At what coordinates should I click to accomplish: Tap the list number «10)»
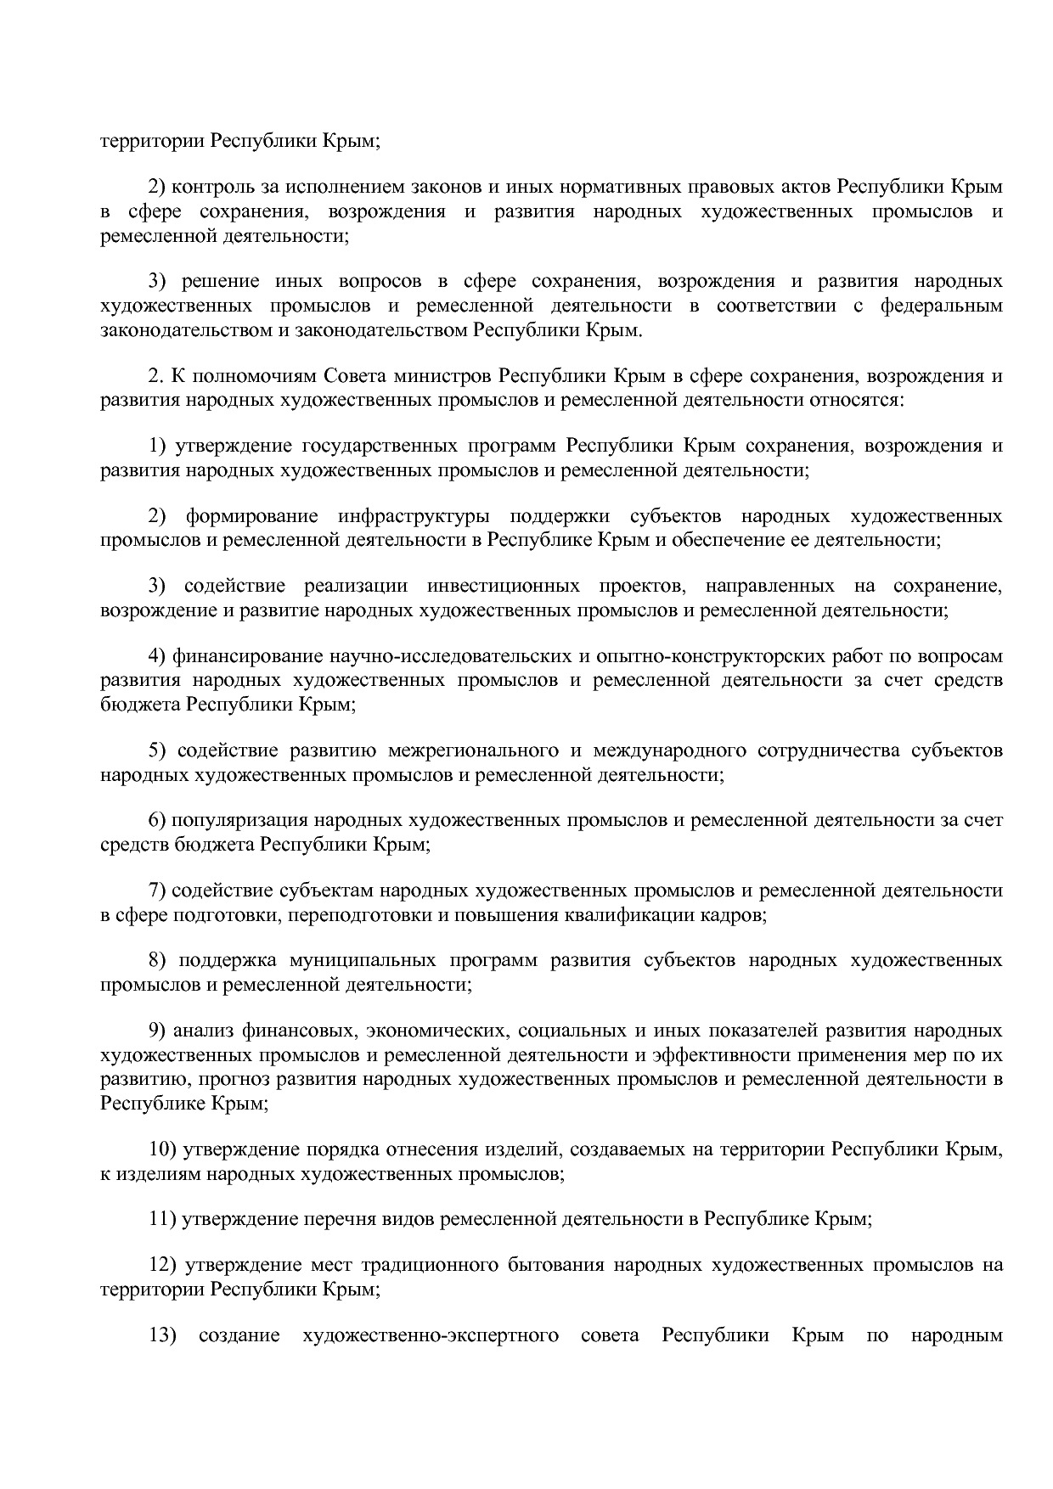(163, 1149)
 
